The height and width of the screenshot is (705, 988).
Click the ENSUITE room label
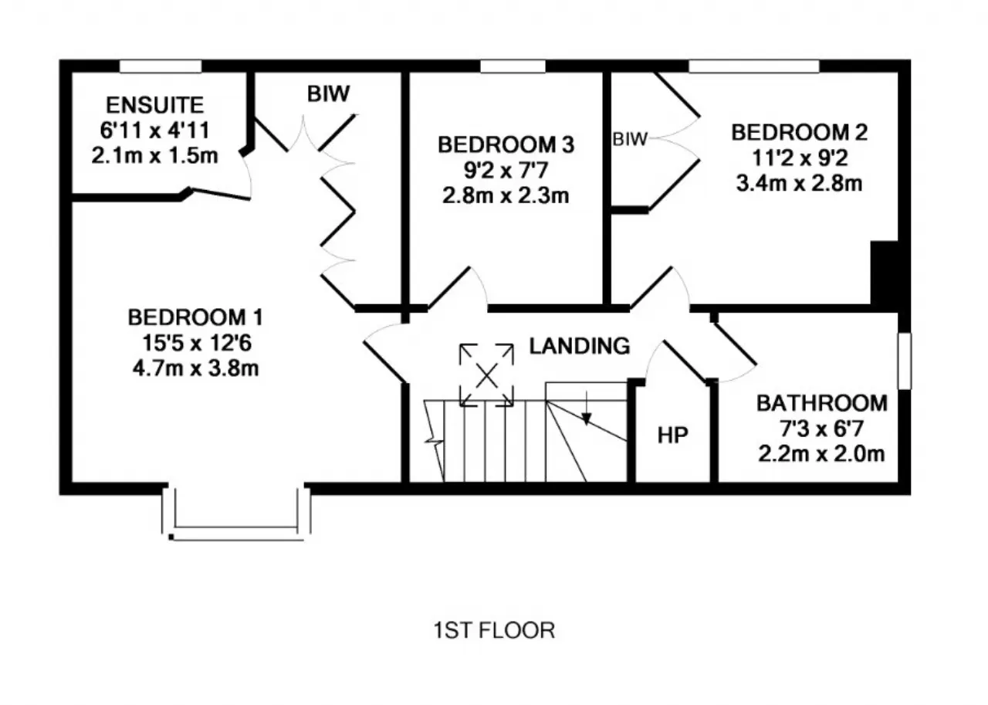pos(155,105)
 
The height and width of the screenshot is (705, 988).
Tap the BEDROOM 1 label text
pos(195,317)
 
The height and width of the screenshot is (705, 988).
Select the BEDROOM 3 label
pos(506,144)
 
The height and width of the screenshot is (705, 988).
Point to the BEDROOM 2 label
pos(799,132)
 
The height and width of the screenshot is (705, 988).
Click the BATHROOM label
pos(822,403)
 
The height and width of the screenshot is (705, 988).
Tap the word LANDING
pos(580,347)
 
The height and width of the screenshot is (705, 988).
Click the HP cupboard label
pos(672,436)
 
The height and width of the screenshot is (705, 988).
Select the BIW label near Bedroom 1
pos(329,93)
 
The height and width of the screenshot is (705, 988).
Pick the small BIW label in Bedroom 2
pos(630,140)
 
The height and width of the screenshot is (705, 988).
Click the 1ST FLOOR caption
pos(494,630)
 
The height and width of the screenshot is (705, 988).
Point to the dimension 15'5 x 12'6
pos(197,343)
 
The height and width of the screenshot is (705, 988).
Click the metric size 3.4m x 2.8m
pos(799,184)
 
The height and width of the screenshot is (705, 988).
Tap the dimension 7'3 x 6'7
pos(822,429)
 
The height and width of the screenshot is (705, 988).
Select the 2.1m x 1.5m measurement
pos(155,156)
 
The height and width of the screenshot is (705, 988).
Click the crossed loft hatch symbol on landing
pos(486,375)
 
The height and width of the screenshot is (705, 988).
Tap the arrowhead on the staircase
pos(586,419)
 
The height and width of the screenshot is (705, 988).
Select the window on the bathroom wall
pos(905,361)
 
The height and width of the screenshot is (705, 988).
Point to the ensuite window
pos(161,66)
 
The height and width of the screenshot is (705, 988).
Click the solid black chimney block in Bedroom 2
pos(884,273)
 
